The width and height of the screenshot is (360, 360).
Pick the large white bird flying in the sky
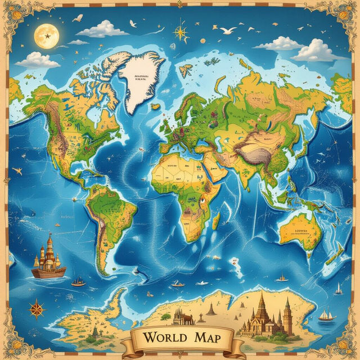[x=228, y=30]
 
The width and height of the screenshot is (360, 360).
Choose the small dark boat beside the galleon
[x=78, y=282]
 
